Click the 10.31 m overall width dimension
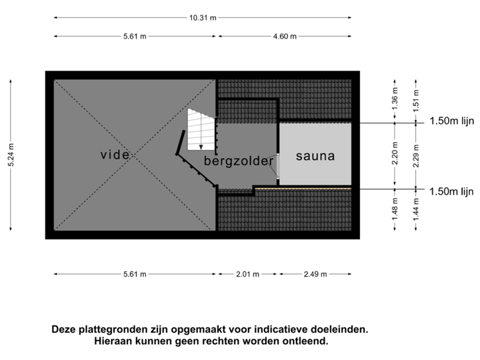[203, 19]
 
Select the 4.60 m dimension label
[285, 37]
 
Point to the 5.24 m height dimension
[11, 156]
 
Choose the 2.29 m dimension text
[416, 157]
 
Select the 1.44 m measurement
[416, 212]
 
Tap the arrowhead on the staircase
[201, 147]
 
